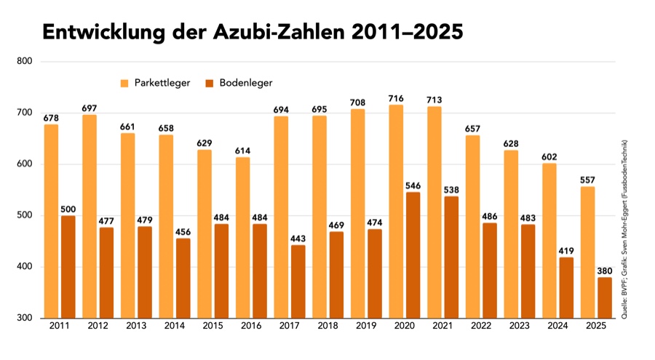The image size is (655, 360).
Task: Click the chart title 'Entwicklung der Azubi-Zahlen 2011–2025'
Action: point(252,33)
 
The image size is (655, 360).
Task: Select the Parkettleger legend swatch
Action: point(125,83)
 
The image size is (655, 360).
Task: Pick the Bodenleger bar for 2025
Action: point(604,297)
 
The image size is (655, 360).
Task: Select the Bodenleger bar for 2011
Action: point(68,267)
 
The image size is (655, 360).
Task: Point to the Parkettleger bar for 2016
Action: point(242,237)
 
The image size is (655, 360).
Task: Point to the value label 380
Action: point(604,271)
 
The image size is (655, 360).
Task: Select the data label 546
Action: point(413,185)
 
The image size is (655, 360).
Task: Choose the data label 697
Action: point(89,108)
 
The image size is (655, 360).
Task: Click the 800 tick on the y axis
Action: point(25,61)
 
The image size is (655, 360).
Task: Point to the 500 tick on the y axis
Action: point(25,215)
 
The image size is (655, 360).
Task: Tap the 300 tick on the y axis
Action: point(25,318)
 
